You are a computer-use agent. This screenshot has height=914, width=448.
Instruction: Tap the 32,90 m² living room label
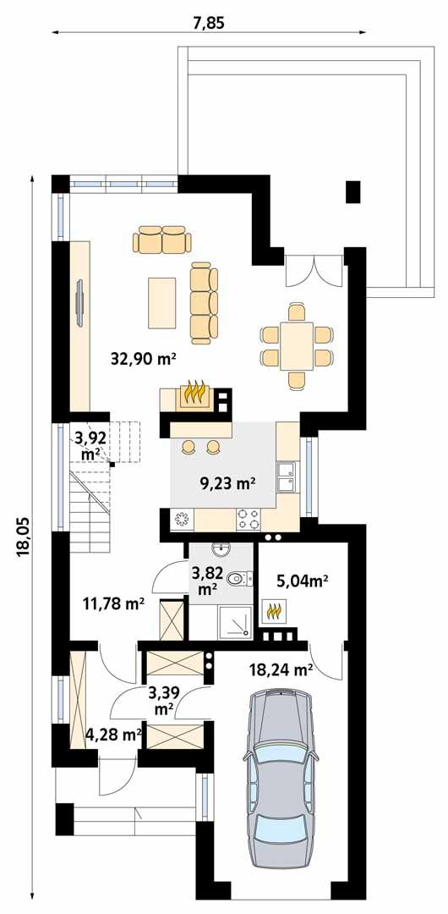tap(143, 358)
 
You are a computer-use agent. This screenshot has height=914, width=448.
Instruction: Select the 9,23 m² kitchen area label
tap(227, 484)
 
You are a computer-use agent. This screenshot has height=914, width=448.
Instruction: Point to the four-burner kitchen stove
tap(249, 518)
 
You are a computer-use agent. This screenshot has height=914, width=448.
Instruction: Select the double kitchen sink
tap(287, 476)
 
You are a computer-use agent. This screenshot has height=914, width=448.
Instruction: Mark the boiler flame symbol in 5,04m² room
tap(273, 608)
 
